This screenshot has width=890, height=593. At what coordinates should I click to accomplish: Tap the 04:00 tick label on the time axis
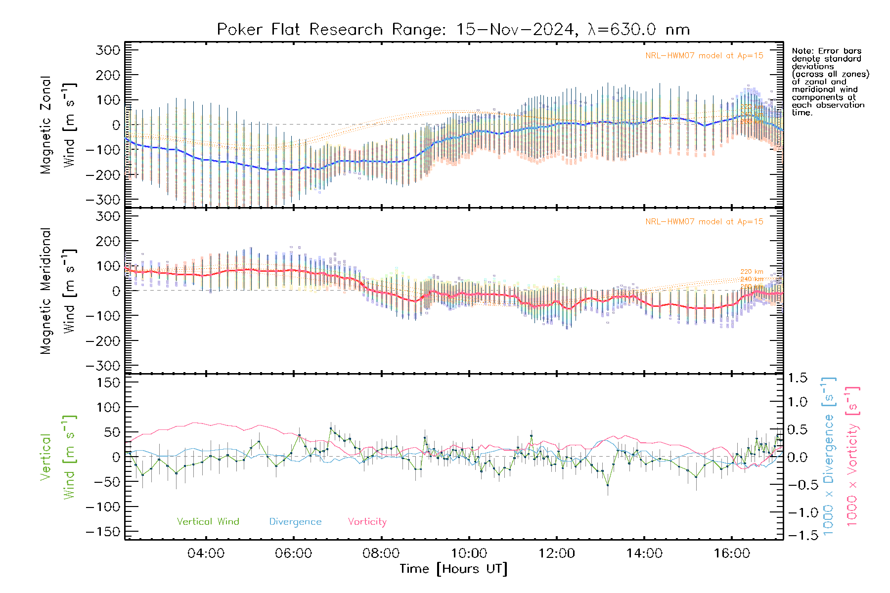click(x=206, y=553)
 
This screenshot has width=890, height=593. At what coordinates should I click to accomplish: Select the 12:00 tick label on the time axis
click(x=557, y=553)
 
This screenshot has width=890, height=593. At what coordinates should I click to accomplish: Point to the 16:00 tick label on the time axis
click(x=732, y=553)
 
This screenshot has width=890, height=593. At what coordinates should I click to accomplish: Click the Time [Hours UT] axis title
click(x=453, y=569)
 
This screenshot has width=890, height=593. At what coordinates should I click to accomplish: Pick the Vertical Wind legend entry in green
click(x=208, y=522)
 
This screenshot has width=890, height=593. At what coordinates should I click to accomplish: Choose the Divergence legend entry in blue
click(x=295, y=522)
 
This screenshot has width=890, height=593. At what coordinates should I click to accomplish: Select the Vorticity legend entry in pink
click(x=367, y=522)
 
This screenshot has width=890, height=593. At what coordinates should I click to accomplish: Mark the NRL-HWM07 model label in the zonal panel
click(x=704, y=56)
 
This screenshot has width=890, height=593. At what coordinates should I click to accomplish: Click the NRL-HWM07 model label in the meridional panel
click(x=704, y=222)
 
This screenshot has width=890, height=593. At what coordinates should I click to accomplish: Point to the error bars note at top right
click(x=830, y=82)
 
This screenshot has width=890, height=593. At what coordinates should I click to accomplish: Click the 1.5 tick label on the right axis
click(x=798, y=378)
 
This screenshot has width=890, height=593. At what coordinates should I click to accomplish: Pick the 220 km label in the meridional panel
click(x=752, y=272)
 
